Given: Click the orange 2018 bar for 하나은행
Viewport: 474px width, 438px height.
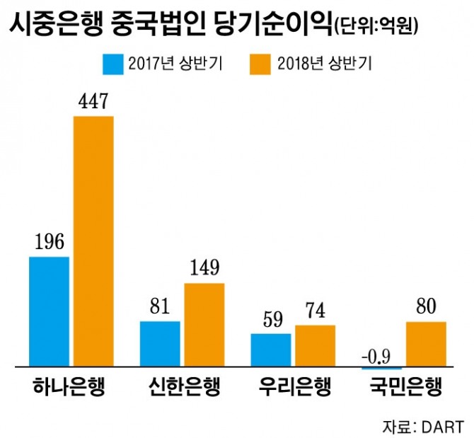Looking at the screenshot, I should (x=93, y=241).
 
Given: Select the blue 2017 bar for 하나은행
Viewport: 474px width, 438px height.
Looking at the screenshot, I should (x=49, y=312).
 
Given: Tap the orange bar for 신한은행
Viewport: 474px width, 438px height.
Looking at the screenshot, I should (x=204, y=325).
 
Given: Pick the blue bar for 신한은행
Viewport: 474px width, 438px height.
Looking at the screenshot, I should (x=160, y=345).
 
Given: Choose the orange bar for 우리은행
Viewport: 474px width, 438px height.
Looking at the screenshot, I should (x=316, y=346).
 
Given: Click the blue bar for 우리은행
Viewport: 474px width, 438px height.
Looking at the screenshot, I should (x=271, y=350).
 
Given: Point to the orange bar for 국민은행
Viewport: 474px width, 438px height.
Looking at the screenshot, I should (x=426, y=345).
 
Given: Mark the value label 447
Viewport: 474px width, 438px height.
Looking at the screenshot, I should (x=93, y=103).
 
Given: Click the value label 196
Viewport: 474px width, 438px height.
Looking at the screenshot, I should (x=49, y=243).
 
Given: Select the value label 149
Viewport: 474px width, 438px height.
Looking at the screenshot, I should (x=204, y=270).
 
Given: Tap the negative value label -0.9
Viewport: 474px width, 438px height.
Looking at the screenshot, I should (x=381, y=355).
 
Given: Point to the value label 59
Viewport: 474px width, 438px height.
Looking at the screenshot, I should (x=270, y=318).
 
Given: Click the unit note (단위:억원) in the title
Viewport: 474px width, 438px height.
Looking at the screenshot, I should (x=374, y=28).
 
